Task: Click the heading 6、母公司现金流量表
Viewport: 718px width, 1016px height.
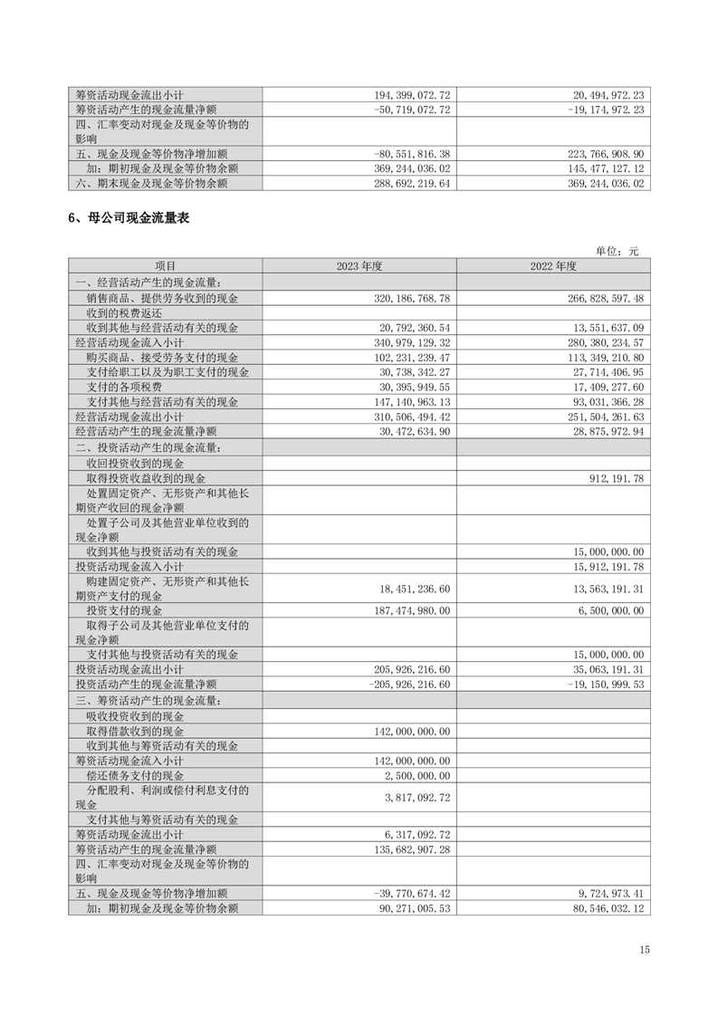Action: pyautogui.click(x=128, y=218)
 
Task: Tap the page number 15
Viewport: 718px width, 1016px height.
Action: pyautogui.click(x=644, y=950)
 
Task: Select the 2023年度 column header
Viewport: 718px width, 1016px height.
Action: pyautogui.click(x=359, y=266)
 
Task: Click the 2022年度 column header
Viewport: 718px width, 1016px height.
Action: pyautogui.click(x=553, y=266)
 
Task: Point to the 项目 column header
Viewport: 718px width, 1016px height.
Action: pyautogui.click(x=165, y=266)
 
